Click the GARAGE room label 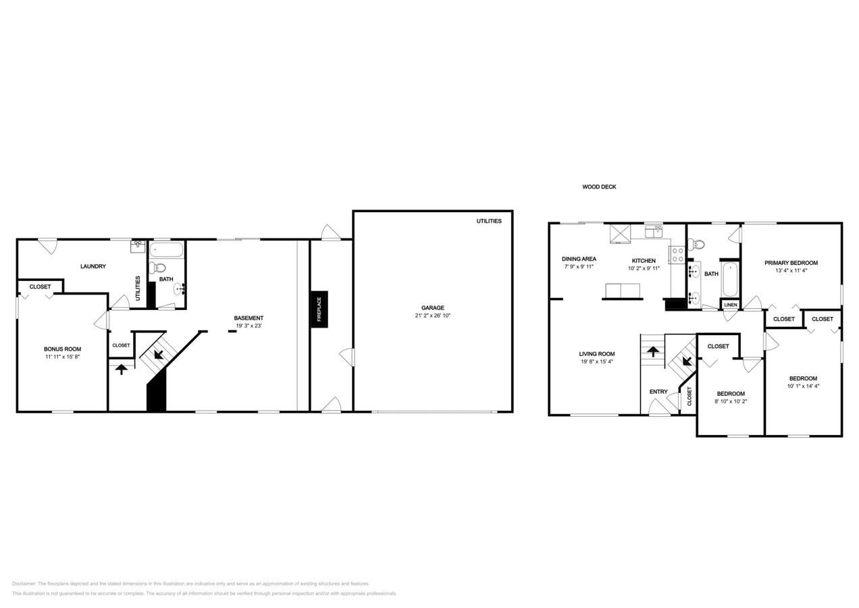tap(433, 308)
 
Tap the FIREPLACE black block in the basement tap(319, 309)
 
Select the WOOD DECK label tap(599, 187)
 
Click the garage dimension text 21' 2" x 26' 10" tap(433, 315)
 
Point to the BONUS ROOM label tap(62, 349)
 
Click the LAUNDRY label tap(93, 266)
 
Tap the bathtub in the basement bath tap(166, 251)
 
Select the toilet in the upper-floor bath tap(697, 245)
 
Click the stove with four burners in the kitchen tap(677, 255)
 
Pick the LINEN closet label tap(731, 305)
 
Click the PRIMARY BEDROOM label tap(791, 263)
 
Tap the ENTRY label tap(658, 392)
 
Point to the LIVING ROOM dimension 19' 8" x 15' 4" tap(597, 361)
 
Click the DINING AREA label tap(579, 259)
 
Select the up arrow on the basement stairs tap(121, 369)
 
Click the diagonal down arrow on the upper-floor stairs tap(686, 360)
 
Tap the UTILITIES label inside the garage tap(489, 221)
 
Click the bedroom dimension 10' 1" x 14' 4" tap(803, 386)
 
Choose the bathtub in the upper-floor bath tap(730, 280)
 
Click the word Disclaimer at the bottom tap(24, 584)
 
